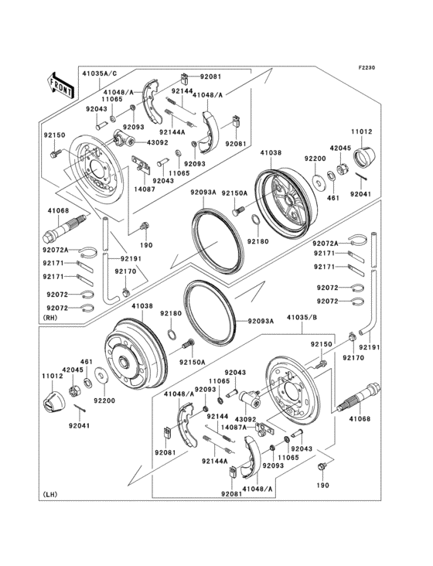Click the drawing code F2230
pos(366,68)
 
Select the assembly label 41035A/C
pos(100,73)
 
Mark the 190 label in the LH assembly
pos(322,486)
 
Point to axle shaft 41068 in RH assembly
pos(61,230)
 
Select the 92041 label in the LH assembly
pos(80,425)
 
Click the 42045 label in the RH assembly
pos(340,147)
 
